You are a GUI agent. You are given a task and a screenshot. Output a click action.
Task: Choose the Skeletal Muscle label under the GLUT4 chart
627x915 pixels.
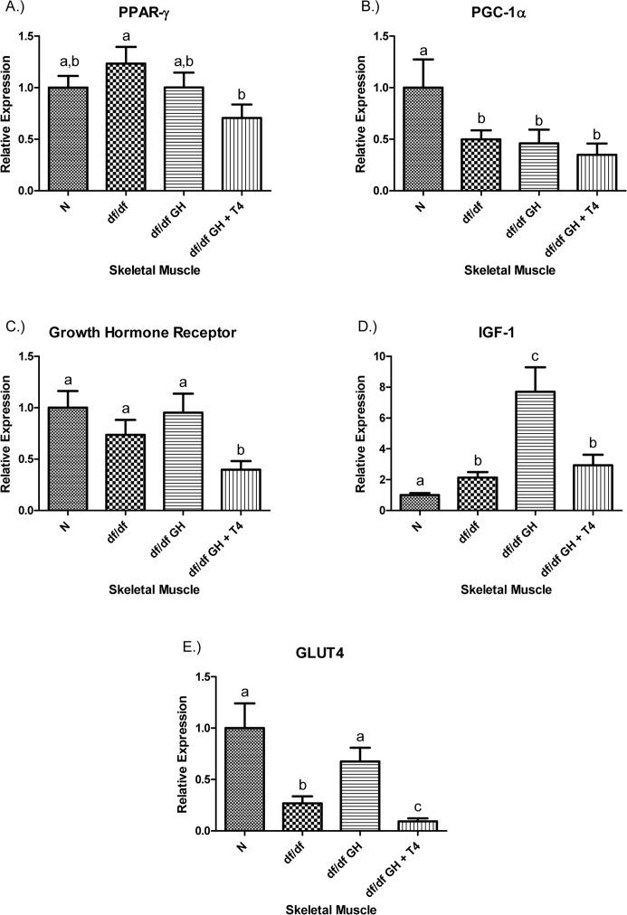pos(326,906)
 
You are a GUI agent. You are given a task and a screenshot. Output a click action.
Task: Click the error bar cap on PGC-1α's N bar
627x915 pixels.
pos(401,60)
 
